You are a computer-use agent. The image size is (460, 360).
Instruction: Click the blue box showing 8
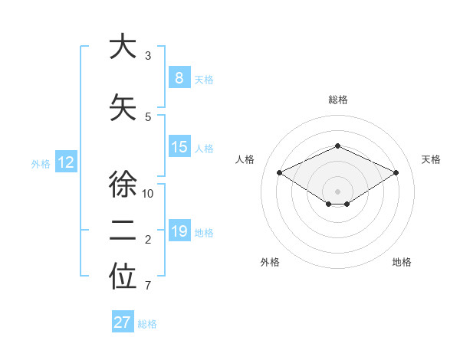(179, 78)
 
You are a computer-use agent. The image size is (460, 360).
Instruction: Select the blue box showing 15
(179, 148)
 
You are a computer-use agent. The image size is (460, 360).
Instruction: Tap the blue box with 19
(179, 232)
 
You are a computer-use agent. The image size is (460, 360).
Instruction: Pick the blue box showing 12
(65, 162)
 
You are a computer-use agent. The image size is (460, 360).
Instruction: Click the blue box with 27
(122, 322)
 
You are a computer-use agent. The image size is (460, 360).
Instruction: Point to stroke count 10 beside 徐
(148, 194)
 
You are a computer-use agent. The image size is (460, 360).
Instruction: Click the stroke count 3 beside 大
(148, 56)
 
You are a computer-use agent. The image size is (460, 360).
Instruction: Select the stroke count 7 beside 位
(148, 286)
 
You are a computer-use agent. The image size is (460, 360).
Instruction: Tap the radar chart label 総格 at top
(337, 100)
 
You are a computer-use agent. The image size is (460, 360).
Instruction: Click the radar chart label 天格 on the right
(431, 159)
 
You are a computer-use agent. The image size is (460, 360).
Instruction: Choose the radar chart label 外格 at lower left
(270, 262)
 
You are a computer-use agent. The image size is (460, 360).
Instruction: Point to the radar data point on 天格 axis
(396, 172)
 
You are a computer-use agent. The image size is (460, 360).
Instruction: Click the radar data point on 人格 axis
(279, 172)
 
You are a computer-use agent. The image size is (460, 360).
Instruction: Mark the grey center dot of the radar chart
(337, 191)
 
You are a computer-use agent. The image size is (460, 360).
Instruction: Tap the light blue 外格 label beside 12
(40, 163)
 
